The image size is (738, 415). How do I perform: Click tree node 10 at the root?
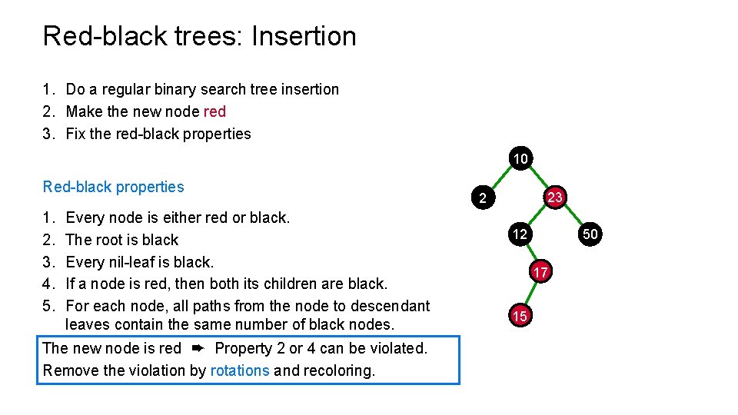[x=520, y=159]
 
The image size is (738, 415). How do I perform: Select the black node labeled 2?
[x=482, y=198]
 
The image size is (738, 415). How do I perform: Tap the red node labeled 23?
[x=555, y=198]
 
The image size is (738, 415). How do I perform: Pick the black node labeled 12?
[x=520, y=234]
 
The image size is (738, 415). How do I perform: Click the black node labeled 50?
[x=590, y=234]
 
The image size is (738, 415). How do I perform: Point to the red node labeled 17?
[x=540, y=272]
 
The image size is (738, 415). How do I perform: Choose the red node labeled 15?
[x=520, y=316]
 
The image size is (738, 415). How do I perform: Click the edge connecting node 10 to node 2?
[x=500, y=178]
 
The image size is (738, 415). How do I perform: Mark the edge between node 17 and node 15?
[x=530, y=294]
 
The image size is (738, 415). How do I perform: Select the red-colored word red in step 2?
[x=214, y=111]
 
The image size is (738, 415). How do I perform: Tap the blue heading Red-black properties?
[x=114, y=187]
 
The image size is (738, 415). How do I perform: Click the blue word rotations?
[x=240, y=370]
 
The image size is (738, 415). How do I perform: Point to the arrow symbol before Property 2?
[x=198, y=348]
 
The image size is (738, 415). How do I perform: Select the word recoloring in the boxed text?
[x=338, y=370]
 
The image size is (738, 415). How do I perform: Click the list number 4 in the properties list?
[x=48, y=284]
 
